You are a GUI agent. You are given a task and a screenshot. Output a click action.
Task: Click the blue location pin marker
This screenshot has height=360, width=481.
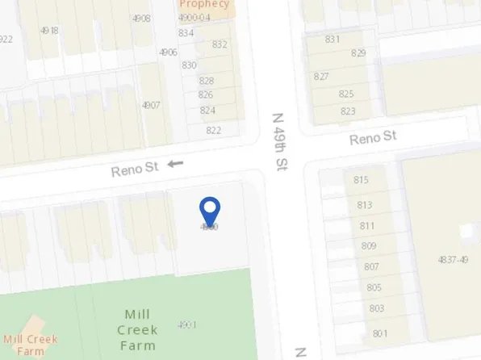(210, 211)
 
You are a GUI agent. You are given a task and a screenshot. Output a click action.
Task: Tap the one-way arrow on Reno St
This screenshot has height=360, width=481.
(175, 164)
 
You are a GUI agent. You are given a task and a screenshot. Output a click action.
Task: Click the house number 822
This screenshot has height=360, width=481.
(213, 130)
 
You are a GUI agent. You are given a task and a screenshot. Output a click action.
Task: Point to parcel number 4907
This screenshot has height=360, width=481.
(151, 105)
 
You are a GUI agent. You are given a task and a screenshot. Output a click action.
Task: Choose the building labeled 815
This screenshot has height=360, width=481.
(361, 180)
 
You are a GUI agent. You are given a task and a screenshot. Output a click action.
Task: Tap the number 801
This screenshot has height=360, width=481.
(380, 333)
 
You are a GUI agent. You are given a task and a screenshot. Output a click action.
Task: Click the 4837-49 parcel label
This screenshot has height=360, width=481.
(452, 259)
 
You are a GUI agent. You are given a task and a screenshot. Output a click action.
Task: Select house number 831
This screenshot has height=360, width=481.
(332, 39)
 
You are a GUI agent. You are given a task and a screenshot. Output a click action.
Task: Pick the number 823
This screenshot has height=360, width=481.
(348, 111)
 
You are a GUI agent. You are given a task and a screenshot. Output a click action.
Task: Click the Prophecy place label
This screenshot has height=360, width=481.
(204, 4)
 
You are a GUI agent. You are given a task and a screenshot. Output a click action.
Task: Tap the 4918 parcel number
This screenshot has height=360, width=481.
(49, 30)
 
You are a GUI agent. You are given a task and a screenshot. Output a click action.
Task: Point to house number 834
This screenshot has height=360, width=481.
(186, 33)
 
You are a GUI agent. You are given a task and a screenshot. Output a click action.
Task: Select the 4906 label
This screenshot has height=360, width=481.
(168, 52)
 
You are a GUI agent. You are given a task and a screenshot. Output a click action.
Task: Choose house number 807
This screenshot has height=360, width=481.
(371, 266)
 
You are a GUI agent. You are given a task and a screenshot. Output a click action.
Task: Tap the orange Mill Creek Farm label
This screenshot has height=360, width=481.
(31, 345)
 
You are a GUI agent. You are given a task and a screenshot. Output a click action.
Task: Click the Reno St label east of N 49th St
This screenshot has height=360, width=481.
(373, 138)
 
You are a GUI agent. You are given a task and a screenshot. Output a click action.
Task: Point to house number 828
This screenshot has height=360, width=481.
(206, 81)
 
